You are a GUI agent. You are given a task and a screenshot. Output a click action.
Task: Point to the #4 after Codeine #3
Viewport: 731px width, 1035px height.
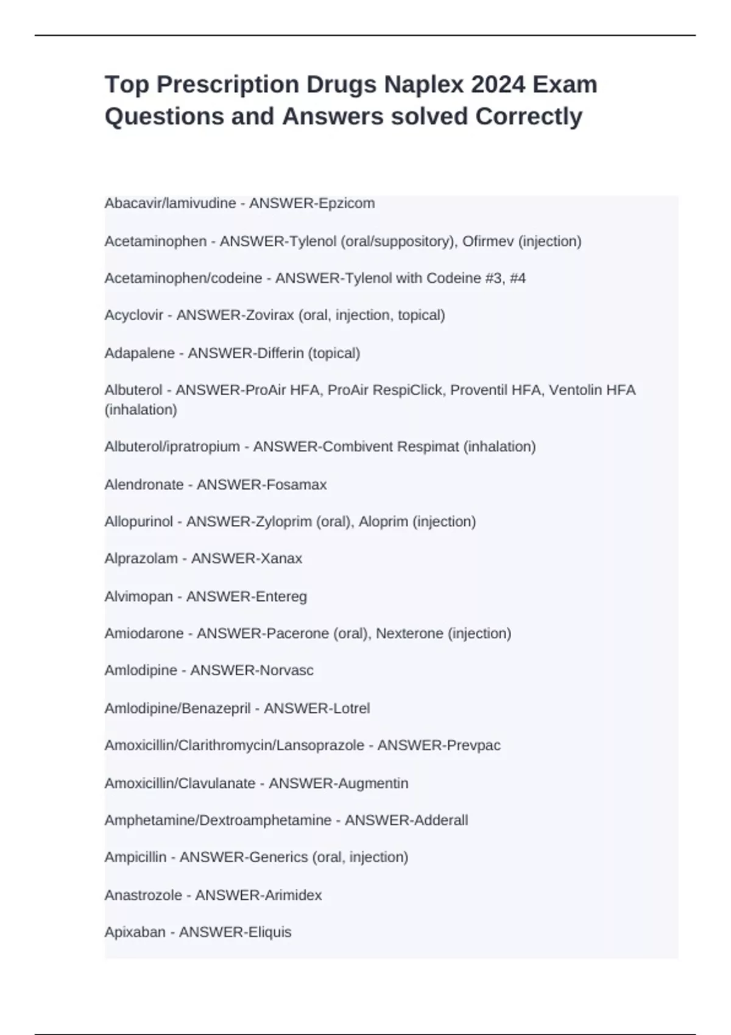point(516,278)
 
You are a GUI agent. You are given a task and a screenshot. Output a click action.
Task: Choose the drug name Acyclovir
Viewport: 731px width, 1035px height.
point(134,315)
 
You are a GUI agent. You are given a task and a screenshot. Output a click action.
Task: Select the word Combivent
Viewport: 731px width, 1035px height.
point(358,447)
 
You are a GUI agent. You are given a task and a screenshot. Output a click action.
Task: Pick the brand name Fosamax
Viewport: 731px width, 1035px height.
point(297,485)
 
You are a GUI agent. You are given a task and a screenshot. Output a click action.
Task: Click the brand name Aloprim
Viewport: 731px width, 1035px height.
point(383,522)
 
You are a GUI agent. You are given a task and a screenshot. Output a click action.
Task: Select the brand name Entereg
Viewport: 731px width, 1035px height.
point(281,597)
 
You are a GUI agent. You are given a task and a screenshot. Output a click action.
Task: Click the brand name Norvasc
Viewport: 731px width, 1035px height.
point(286,670)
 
